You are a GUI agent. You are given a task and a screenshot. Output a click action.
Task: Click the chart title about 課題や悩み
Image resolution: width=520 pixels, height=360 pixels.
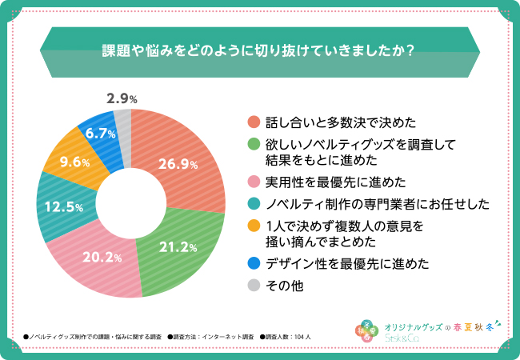[259, 49]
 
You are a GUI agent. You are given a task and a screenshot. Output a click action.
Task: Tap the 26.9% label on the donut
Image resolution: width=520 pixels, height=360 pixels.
[178, 165]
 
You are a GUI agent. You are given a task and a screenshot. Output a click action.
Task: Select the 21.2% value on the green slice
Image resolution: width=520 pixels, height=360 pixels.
[178, 246]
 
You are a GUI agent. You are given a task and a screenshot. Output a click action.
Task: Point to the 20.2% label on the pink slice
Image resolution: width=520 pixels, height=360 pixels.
[102, 258]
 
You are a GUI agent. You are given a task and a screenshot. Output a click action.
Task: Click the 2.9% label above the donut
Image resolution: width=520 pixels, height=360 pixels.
[122, 99]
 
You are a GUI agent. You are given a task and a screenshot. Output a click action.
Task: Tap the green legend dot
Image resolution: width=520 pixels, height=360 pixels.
[254, 144]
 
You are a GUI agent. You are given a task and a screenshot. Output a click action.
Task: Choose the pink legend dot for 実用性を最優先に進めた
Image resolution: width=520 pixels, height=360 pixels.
[254, 181]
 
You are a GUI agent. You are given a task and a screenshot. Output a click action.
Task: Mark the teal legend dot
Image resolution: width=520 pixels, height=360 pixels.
[254, 203]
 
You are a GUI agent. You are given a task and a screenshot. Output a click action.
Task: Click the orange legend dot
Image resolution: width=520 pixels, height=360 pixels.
[254, 226]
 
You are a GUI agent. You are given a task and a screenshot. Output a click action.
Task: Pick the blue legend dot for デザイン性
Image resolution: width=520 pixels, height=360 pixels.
[254, 262]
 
